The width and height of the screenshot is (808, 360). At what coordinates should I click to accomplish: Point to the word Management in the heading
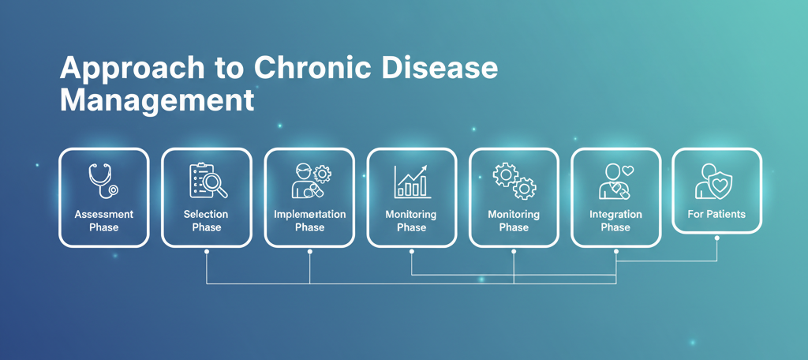pyautogui.click(x=157, y=102)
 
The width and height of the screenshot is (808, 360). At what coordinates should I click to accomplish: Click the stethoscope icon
pyautogui.click(x=103, y=180)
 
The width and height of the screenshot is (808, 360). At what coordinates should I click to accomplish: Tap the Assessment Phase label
pyautogui.click(x=103, y=221)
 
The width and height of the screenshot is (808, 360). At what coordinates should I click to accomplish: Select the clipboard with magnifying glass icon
pyautogui.click(x=208, y=181)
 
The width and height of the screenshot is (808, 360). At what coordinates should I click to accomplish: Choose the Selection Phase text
pyautogui.click(x=206, y=221)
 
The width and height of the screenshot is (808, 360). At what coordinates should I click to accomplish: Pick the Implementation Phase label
pyautogui.click(x=309, y=221)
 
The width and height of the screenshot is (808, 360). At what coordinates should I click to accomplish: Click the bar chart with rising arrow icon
pyautogui.click(x=411, y=182)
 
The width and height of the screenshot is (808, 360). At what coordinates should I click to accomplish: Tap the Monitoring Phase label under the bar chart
pyautogui.click(x=411, y=221)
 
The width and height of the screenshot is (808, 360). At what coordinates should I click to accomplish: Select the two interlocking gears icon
pyautogui.click(x=514, y=181)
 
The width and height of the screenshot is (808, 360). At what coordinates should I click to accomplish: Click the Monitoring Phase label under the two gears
pyautogui.click(x=514, y=221)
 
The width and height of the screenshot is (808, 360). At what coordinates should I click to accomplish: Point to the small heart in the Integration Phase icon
pyautogui.click(x=628, y=171)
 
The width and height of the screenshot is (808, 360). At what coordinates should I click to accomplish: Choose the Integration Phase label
pyautogui.click(x=615, y=221)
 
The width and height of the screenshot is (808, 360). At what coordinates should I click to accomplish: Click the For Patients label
pyautogui.click(x=716, y=214)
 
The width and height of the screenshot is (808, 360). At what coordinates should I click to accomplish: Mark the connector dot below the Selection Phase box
pyautogui.click(x=207, y=252)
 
